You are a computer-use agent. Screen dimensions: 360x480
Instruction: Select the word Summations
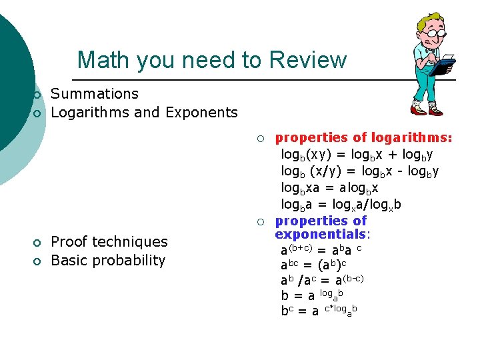[95, 94]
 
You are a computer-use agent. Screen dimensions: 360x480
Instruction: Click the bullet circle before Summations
[37, 95]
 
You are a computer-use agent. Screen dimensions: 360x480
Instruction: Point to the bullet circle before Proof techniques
[37, 242]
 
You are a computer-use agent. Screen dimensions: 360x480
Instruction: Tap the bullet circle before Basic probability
[37, 261]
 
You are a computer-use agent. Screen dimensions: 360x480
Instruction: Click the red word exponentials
[321, 234]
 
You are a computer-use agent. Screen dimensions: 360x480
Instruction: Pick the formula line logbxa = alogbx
[330, 188]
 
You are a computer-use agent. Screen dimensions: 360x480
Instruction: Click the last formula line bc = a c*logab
[319, 310]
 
